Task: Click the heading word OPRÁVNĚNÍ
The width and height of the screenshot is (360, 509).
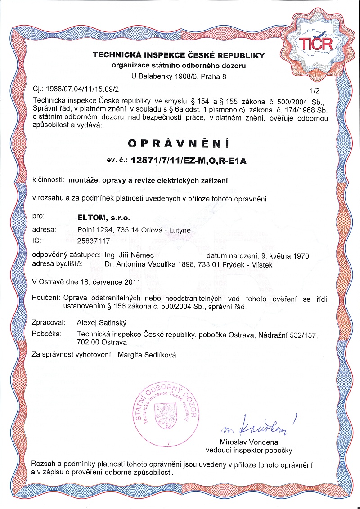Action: [179, 143]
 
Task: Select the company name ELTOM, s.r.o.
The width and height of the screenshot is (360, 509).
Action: [104, 218]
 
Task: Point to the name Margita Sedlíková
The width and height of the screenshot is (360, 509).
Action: [147, 355]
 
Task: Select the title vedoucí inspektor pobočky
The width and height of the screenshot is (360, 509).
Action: [249, 450]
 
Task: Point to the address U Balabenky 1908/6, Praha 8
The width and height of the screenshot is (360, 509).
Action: [179, 76]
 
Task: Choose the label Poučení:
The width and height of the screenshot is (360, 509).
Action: [46, 298]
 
